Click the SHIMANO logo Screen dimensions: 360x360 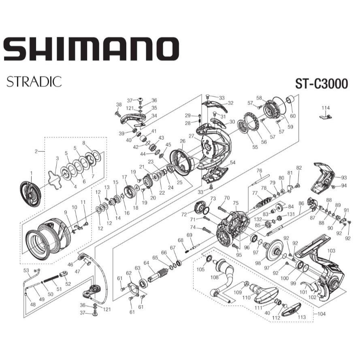pos(91,49)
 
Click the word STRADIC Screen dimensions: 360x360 pos(34,81)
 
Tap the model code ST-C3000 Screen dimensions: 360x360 pos(322,83)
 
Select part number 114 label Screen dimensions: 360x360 pos(326,108)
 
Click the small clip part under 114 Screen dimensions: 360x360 pos(326,117)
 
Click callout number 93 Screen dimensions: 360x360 pos(344,177)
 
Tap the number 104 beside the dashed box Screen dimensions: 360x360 pos(322,313)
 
